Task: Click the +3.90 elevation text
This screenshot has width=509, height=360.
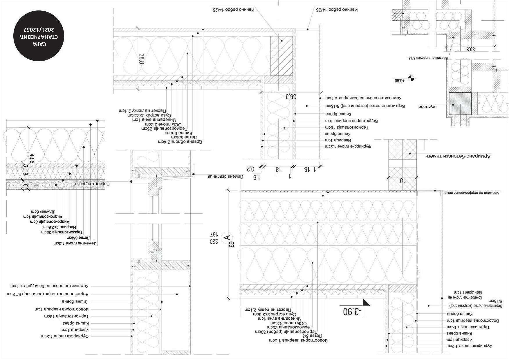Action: coord(399,80)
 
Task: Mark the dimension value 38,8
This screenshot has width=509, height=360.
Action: coord(142,59)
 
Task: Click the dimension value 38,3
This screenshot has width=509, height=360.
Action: coord(291,97)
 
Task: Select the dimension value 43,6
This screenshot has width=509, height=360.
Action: coord(32,159)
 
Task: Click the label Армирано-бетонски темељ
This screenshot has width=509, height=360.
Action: coord(458,156)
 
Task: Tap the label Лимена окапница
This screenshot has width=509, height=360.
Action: coord(225,177)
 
